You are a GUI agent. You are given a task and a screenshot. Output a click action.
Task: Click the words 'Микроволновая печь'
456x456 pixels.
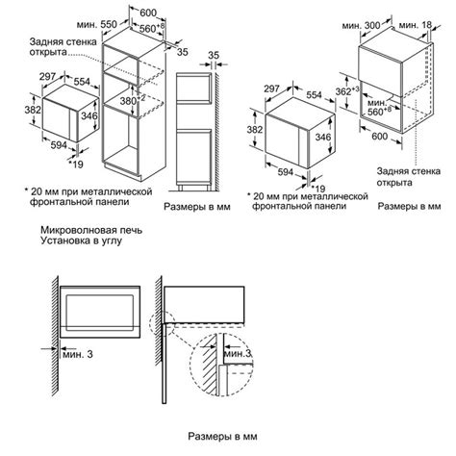tap(85, 232)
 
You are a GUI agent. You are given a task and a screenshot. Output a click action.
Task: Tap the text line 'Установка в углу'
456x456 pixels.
tap(80, 244)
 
